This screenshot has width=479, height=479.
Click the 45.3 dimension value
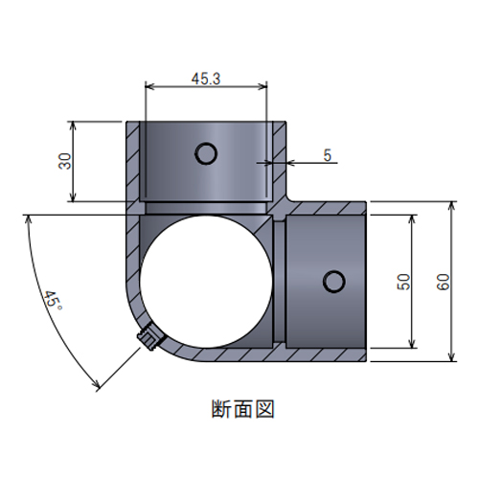pyautogui.click(x=206, y=79)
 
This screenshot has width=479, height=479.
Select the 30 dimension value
pyautogui.click(x=65, y=161)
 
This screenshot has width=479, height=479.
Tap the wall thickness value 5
pyautogui.click(x=328, y=155)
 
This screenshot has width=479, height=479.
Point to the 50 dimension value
pyautogui.click(x=403, y=282)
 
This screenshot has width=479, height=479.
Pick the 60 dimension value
pyautogui.click(x=443, y=282)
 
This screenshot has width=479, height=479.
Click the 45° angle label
pyautogui.click(x=53, y=301)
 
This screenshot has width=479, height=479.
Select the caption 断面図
pyautogui.click(x=243, y=409)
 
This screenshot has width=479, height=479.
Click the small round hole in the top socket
pyautogui.click(x=206, y=153)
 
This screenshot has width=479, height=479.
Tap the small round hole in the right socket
pyautogui.click(x=333, y=282)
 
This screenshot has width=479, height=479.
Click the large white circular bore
pyautogui.click(x=206, y=282)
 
